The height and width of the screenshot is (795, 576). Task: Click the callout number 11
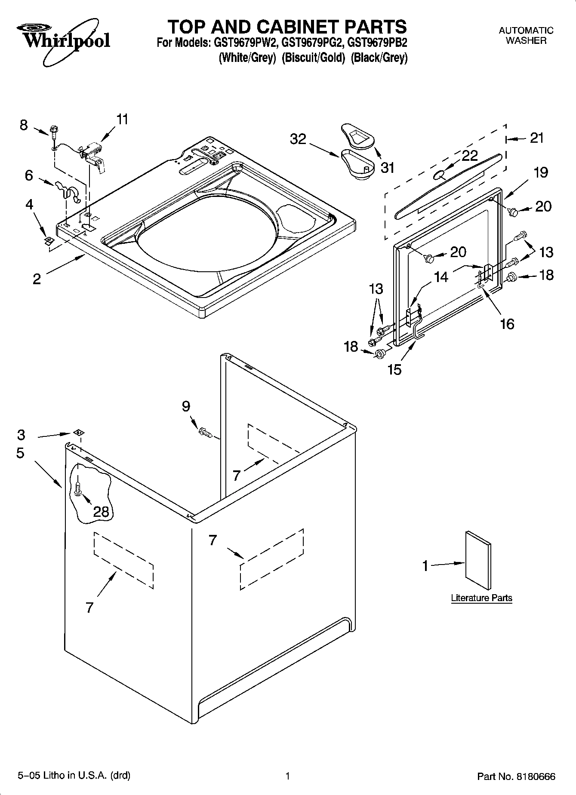click(123, 119)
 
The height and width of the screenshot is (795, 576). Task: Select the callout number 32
click(298, 139)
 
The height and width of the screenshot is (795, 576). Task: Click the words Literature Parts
click(481, 598)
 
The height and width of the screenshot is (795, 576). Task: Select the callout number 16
click(508, 323)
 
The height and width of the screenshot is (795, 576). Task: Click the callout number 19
click(541, 172)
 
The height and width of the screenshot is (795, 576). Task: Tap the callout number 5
click(20, 453)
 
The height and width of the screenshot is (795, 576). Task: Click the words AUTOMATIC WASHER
click(526, 35)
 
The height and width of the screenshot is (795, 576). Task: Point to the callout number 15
click(394, 369)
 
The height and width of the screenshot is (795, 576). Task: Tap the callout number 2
click(37, 279)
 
